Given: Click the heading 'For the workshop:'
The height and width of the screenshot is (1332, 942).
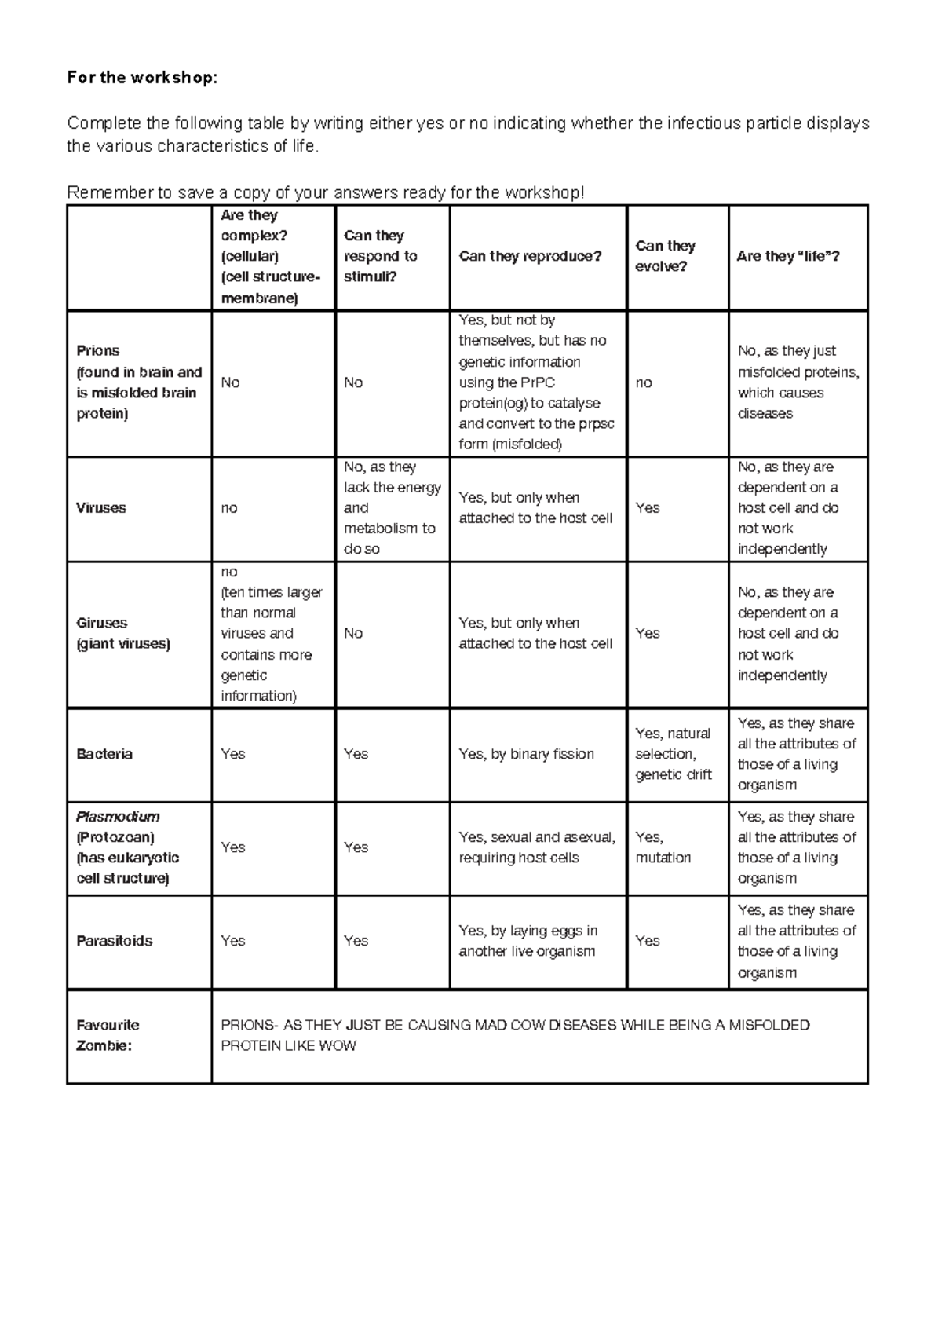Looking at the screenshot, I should tap(141, 78).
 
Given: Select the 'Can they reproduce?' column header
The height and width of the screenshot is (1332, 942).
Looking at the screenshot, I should tap(530, 256).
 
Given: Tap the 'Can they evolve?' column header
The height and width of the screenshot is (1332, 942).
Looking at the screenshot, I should tap(666, 256).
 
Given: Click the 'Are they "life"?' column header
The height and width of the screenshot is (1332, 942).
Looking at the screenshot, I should tap(788, 256).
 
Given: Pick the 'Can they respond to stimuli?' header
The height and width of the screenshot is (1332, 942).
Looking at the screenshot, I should tap(381, 256).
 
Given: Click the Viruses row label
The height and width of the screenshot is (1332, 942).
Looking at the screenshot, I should tap(101, 508).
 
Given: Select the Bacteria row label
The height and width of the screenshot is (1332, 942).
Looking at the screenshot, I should tap(104, 754).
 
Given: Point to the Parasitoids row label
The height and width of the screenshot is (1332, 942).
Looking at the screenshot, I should tap(115, 941).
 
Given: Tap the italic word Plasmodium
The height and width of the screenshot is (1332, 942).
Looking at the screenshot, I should tap(118, 817).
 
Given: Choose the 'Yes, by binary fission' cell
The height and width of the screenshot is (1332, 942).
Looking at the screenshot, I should tap(526, 754).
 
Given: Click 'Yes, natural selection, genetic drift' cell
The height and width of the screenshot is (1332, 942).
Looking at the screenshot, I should tap(674, 754).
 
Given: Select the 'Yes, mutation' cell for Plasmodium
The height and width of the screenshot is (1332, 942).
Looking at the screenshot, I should tap(663, 847).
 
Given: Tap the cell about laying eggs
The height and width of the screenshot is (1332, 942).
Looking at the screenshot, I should tap(528, 941).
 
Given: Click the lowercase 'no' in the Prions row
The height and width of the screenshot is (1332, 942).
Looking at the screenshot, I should tap(644, 382).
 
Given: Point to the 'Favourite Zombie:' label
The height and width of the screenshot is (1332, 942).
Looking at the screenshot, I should tap(108, 1035).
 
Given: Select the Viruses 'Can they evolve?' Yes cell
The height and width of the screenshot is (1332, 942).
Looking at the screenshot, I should tap(648, 508).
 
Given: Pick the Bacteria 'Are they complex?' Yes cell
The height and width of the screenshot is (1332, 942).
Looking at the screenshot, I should tap(233, 754).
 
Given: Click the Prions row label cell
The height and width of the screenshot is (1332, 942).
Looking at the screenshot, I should tap(139, 382).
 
